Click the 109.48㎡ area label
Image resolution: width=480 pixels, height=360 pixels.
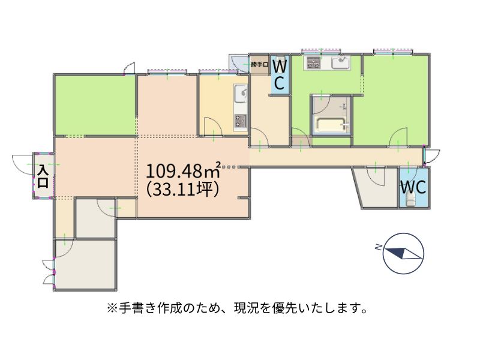(184, 170)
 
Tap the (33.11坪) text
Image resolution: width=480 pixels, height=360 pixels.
(183, 190)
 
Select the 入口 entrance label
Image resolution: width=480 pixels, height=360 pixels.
(43, 176)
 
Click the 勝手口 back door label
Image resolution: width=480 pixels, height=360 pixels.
(259, 65)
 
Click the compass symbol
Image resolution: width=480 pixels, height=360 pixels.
(404, 253)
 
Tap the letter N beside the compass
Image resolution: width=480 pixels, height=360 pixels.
(379, 247)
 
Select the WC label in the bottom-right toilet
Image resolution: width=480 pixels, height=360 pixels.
(413, 187)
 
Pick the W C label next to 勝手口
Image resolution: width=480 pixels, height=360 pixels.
(279, 74)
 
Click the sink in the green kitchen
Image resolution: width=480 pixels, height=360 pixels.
(341, 63)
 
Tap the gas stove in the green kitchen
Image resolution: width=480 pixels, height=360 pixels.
(313, 63)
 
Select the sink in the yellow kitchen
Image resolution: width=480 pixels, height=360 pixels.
(241, 94)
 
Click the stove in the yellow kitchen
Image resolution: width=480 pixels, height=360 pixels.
(241, 121)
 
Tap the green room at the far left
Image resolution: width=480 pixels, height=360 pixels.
(95, 105)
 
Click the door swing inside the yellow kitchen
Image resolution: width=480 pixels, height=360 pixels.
(213, 126)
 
